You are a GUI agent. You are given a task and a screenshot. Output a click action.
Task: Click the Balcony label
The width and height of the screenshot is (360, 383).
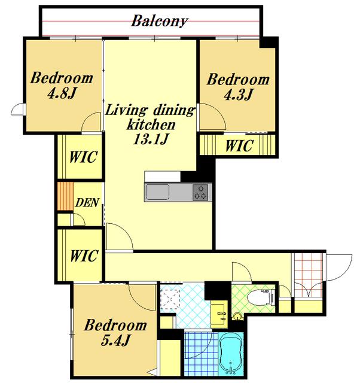(x=160, y=22)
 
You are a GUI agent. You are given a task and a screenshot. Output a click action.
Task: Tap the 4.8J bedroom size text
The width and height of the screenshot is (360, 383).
(x=62, y=93)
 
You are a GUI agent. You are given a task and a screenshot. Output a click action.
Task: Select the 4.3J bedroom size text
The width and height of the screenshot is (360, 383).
(x=238, y=95)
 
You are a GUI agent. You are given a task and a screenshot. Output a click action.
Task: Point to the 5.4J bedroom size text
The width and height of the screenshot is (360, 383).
(x=115, y=340)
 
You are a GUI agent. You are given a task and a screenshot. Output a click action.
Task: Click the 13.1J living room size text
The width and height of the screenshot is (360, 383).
(x=151, y=139)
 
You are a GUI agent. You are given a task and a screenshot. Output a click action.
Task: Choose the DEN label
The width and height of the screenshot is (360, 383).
(x=87, y=202)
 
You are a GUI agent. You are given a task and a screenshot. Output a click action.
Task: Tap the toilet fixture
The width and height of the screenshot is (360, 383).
(x=261, y=297)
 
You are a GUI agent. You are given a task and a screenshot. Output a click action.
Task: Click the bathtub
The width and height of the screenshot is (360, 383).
(x=231, y=353)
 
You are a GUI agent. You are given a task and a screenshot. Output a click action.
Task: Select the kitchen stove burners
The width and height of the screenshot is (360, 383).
(x=200, y=193)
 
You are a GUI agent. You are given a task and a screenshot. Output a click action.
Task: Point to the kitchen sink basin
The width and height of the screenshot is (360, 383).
(x=157, y=192)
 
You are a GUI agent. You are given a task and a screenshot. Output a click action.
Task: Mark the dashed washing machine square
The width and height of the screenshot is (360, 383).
(x=170, y=299)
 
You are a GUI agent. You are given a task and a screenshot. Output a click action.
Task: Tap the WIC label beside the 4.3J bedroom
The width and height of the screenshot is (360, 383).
(x=239, y=146)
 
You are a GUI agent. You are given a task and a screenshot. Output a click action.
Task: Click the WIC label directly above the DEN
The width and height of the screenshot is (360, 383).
(x=84, y=157)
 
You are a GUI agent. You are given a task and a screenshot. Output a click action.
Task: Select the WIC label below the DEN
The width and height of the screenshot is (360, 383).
(x=84, y=256)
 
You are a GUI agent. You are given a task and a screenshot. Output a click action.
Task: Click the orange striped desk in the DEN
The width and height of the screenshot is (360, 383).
(x=65, y=196)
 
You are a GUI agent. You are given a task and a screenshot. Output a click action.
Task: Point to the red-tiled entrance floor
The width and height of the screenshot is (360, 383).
(x=309, y=275)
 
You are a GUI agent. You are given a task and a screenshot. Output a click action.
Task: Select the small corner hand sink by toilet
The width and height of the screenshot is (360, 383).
(x=237, y=317)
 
